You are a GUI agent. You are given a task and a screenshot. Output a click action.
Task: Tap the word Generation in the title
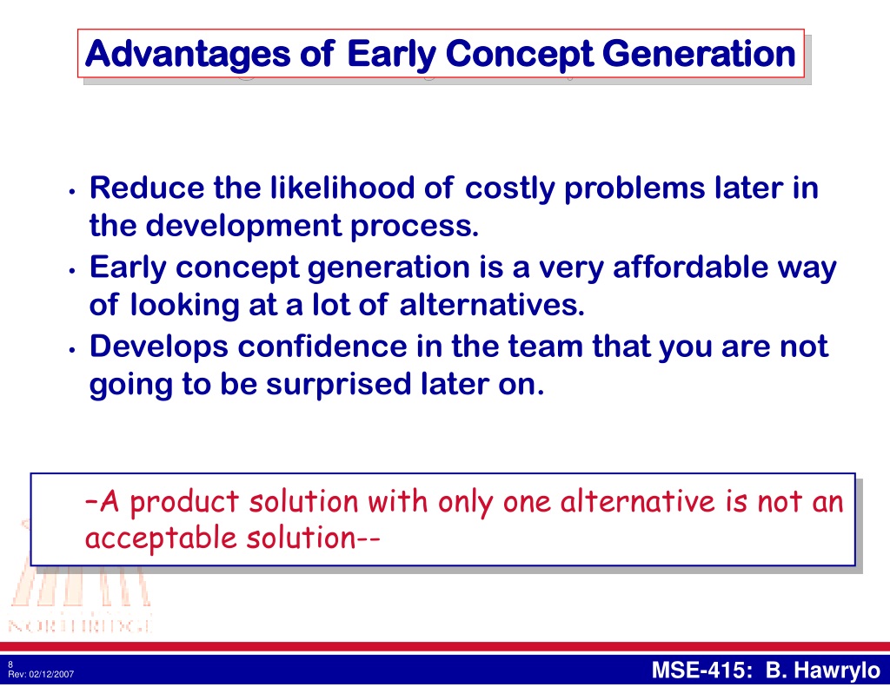click(699, 54)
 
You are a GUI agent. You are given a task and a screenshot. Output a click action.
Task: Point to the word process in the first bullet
click(415, 227)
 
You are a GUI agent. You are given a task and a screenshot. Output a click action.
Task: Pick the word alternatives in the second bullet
click(492, 305)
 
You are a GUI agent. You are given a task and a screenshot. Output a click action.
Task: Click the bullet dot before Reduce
click(72, 192)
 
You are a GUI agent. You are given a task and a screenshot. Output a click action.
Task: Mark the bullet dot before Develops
click(72, 351)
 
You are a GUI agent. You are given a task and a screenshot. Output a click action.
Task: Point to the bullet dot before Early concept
click(72, 271)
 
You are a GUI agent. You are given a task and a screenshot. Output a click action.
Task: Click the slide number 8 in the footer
click(10, 664)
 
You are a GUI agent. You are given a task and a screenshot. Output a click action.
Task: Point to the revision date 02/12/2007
click(51, 674)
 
